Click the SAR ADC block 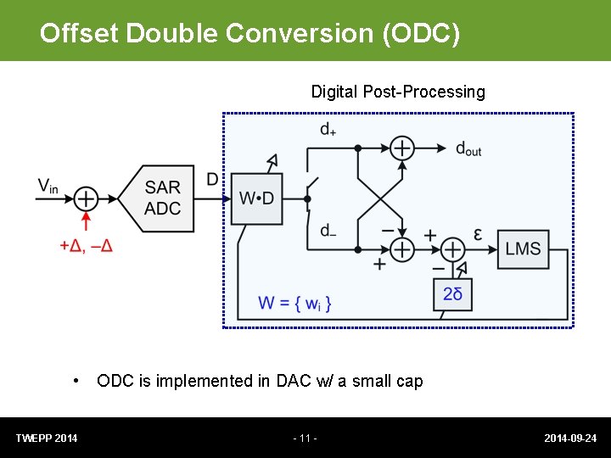click(161, 198)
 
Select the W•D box click(256, 198)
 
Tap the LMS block click(523, 249)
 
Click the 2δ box click(452, 293)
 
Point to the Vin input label click(48, 186)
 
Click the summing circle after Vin click(86, 198)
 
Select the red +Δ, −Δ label click(86, 245)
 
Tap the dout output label click(468, 149)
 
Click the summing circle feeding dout click(402, 148)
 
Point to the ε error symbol click(478, 234)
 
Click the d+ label click(328, 130)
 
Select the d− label click(328, 231)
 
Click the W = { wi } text click(294, 303)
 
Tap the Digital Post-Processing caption click(398, 92)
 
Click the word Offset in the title click(80, 33)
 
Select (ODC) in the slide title click(421, 33)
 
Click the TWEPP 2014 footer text click(47, 438)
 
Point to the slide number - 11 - click(305, 438)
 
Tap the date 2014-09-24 click(570, 438)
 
